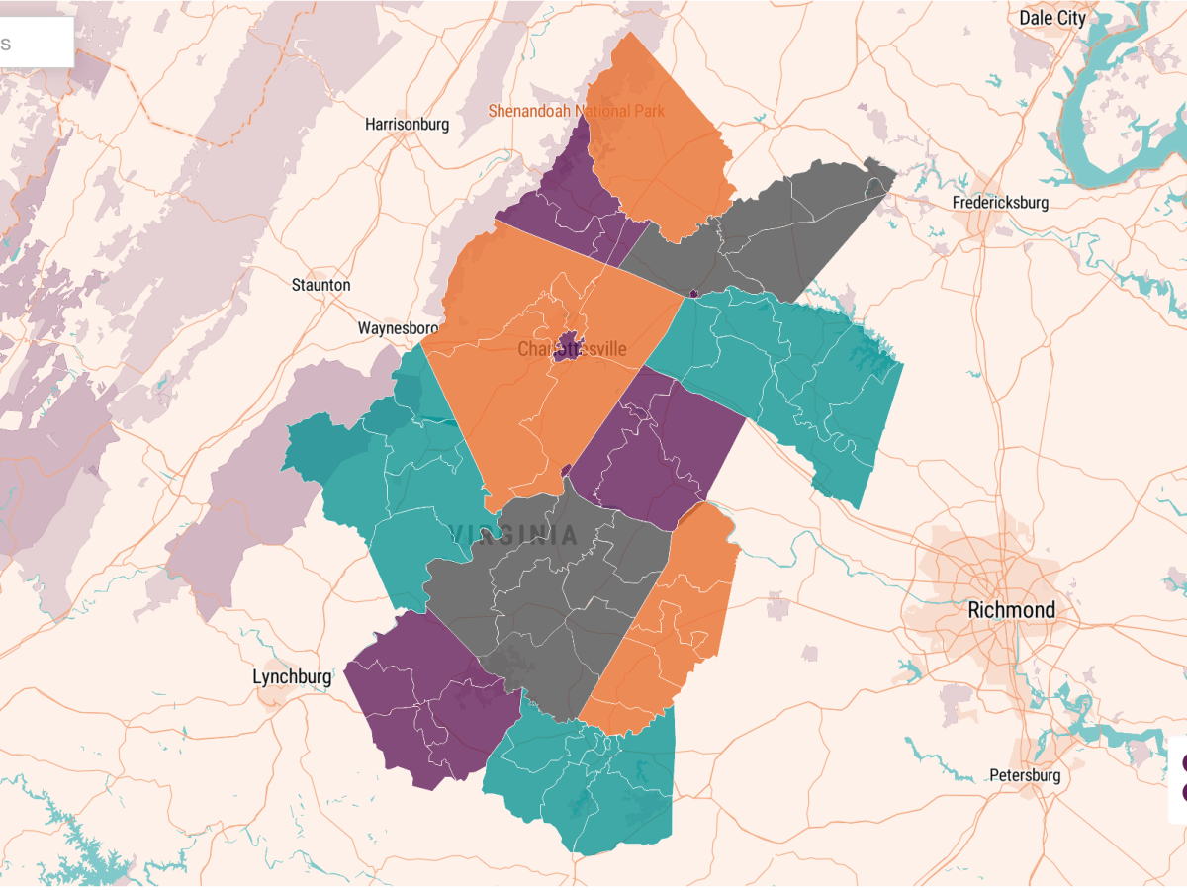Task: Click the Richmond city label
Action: [x=1011, y=610]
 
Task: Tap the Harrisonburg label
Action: [x=407, y=125]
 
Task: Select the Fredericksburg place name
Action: [x=1000, y=203]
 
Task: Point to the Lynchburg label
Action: [x=292, y=676]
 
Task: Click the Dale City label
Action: [x=1052, y=18]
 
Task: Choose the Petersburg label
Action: [x=1025, y=775]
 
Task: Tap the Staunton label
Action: [x=320, y=285]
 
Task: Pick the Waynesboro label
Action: [x=398, y=328]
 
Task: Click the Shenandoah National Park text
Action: [x=577, y=111]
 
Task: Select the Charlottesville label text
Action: [x=572, y=349]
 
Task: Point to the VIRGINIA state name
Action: [x=514, y=536]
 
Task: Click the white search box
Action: [x=36, y=44]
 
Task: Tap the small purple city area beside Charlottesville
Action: [x=567, y=348]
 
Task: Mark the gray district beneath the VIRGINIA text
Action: [x=554, y=603]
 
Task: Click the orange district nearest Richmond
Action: [x=673, y=623]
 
